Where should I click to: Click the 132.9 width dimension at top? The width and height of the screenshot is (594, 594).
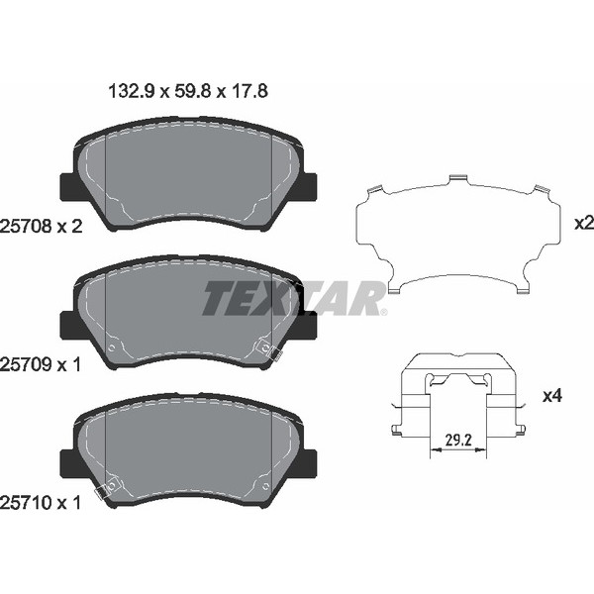(x=132, y=92)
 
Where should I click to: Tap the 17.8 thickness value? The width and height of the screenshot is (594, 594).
(x=249, y=92)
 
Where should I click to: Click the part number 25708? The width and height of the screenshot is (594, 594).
(x=26, y=227)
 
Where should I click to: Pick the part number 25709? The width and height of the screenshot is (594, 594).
(x=26, y=364)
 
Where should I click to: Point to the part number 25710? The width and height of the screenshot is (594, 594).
(x=26, y=503)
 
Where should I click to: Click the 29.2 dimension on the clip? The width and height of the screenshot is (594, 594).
(x=458, y=441)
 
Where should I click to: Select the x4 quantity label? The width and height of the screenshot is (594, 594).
(x=552, y=396)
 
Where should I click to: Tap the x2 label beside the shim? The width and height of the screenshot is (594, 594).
(x=584, y=224)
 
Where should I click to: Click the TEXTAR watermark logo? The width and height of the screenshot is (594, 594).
(x=294, y=298)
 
